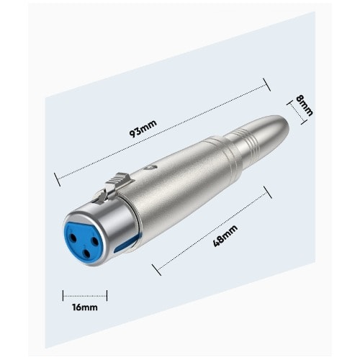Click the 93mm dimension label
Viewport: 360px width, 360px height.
tap(143, 128)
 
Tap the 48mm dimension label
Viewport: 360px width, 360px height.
tap(225, 235)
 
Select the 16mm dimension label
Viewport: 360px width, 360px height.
tap(85, 307)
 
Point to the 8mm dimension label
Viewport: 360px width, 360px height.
tap(305, 106)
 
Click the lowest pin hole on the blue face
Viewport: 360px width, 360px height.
tap(85, 252)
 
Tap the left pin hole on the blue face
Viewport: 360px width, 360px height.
tap(73, 238)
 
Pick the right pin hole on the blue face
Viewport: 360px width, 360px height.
tap(95, 241)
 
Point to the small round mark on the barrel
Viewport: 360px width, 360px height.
tap(150, 167)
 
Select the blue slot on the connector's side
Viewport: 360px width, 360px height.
tap(127, 243)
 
